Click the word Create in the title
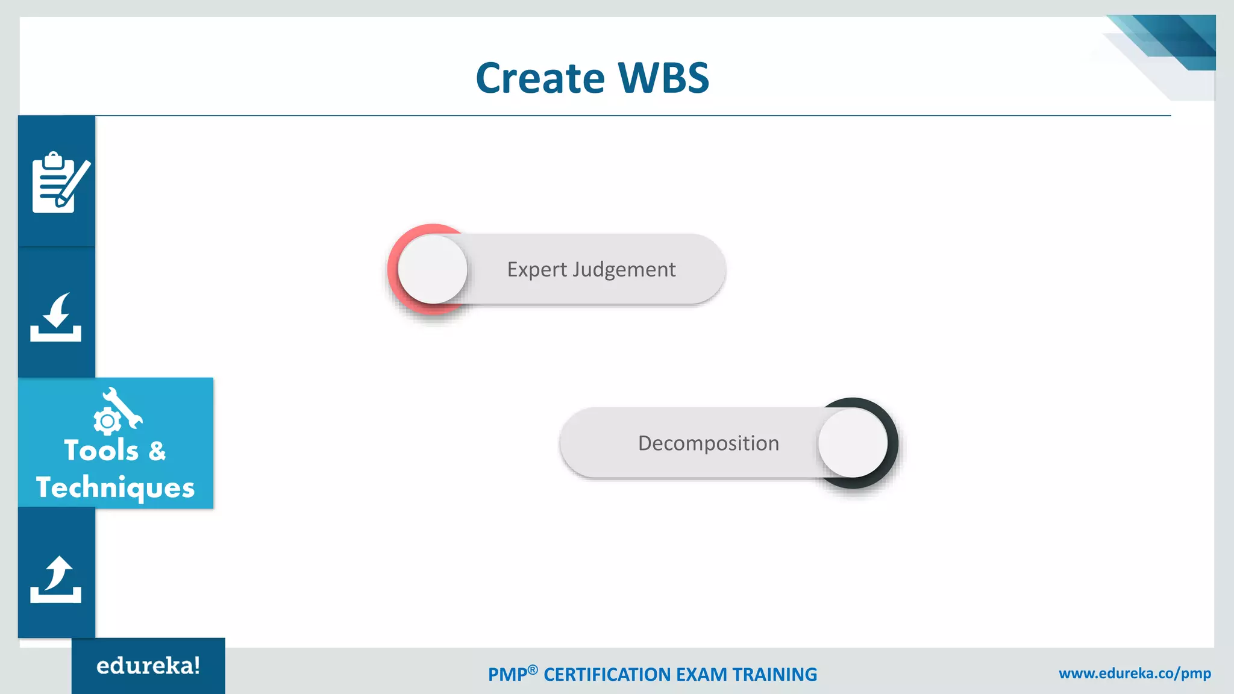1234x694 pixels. (x=540, y=78)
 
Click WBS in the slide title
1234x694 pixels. (x=663, y=78)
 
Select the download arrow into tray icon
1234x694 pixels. (x=56, y=317)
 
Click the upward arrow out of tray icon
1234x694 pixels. (x=56, y=579)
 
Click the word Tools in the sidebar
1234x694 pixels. (x=101, y=451)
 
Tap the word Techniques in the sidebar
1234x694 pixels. (x=115, y=487)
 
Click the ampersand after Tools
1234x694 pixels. (x=157, y=451)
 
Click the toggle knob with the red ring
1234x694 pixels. (x=433, y=269)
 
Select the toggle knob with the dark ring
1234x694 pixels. (x=853, y=443)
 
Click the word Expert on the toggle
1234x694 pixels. (x=537, y=269)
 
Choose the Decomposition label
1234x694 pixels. (x=709, y=443)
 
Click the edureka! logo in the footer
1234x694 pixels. (x=148, y=666)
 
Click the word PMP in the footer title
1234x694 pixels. (x=507, y=675)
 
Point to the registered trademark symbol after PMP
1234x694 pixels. (x=533, y=669)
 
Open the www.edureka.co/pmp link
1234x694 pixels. (x=1135, y=674)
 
